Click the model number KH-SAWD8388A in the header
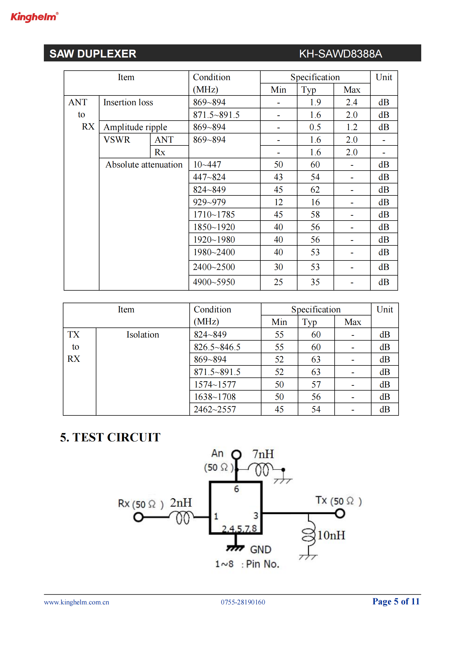340,54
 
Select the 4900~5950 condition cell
214,282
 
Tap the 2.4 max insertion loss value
352,102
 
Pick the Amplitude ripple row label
135,127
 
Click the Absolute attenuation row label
144,164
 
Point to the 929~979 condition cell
209,202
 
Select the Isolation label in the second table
143,334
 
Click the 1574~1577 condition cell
215,384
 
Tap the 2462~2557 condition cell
215,409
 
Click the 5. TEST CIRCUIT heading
110,437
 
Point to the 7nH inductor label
263,454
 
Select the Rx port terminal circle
138,517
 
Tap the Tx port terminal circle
340,513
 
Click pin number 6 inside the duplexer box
236,489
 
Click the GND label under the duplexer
261,549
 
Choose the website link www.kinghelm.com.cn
77,602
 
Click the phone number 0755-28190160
243,602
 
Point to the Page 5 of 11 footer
396,602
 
